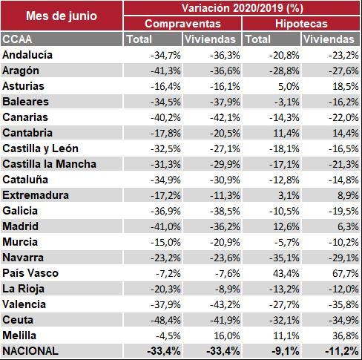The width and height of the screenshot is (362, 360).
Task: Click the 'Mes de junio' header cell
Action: (x=62, y=16)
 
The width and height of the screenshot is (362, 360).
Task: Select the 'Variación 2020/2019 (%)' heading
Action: (x=243, y=8)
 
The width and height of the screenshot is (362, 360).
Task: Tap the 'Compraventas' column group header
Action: (x=182, y=24)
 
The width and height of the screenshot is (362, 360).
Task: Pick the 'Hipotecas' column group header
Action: (x=301, y=24)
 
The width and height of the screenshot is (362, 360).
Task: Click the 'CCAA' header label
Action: (x=17, y=39)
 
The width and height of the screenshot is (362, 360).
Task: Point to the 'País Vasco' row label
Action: (x=30, y=273)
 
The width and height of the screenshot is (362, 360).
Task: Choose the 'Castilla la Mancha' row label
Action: (x=49, y=164)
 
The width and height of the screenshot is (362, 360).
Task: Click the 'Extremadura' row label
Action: (x=36, y=195)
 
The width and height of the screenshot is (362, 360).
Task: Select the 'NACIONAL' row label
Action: (x=30, y=351)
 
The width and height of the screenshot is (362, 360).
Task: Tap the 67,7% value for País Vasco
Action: (x=346, y=273)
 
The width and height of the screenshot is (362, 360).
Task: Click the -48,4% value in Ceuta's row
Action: (x=165, y=320)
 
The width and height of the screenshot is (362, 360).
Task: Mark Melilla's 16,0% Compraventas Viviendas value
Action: (x=227, y=336)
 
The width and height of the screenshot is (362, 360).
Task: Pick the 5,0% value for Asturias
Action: (x=289, y=86)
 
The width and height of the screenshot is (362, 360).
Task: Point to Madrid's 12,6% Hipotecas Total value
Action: (x=286, y=226)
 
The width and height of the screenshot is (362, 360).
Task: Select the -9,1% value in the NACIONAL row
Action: (x=286, y=351)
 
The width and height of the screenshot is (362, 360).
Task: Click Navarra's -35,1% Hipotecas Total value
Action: (x=284, y=258)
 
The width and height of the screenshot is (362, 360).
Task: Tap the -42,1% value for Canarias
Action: (x=225, y=117)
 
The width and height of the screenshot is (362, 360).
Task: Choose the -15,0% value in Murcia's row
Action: (x=165, y=242)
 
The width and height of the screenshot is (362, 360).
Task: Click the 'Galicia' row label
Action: (x=20, y=211)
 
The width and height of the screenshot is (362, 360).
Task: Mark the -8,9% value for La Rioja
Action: (x=228, y=289)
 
